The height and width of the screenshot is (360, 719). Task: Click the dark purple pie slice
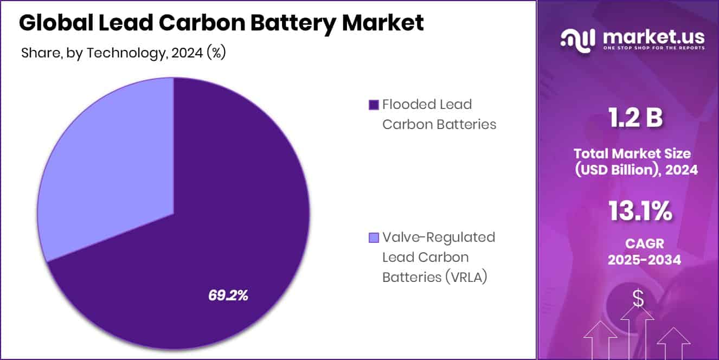tap(228, 228)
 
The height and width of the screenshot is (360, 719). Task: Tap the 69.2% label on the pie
tap(228, 295)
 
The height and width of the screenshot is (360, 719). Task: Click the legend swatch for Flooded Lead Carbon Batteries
tap(373, 105)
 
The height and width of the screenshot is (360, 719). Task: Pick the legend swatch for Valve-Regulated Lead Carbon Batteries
tap(373, 238)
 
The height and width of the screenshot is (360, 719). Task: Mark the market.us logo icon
tap(577, 39)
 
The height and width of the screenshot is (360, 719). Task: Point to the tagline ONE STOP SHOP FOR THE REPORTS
tap(654, 48)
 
